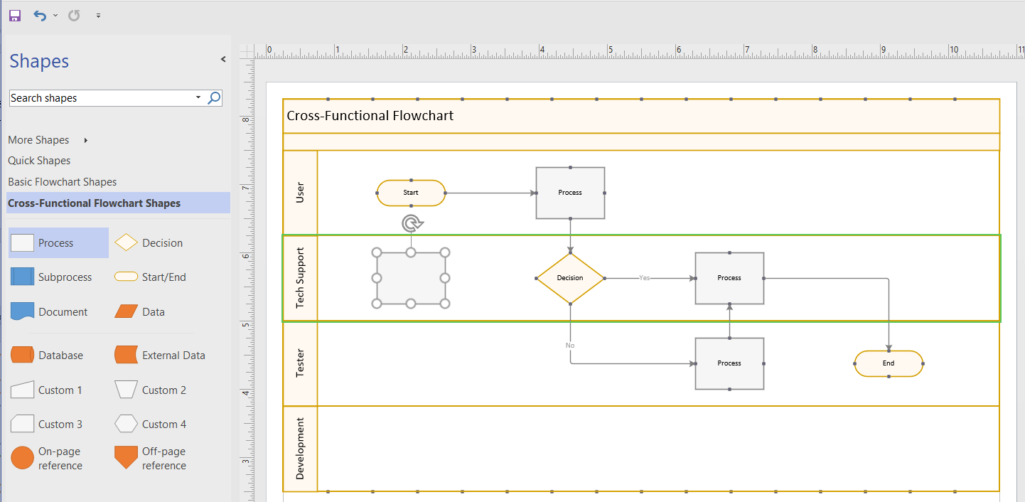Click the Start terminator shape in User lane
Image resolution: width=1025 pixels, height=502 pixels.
pyautogui.click(x=411, y=193)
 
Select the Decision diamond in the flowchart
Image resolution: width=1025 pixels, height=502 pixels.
pyautogui.click(x=570, y=278)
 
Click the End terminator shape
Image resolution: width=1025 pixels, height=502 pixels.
pyautogui.click(x=889, y=363)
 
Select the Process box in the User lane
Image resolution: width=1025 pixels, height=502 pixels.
pyautogui.click(x=570, y=193)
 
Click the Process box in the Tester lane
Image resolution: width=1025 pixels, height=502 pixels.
pyautogui.click(x=729, y=363)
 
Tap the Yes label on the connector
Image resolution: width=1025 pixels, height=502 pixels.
pyautogui.click(x=644, y=278)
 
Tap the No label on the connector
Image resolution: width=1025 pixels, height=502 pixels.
pyautogui.click(x=570, y=346)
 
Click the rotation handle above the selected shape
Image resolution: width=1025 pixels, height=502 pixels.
pyautogui.click(x=411, y=224)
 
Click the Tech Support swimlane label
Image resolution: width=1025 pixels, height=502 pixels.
pyautogui.click(x=300, y=278)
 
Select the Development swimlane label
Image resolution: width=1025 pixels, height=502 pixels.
pyautogui.click(x=300, y=449)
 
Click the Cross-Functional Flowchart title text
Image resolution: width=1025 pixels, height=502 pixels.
pyautogui.click(x=370, y=116)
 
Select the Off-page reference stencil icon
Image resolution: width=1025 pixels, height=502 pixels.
pyautogui.click(x=126, y=458)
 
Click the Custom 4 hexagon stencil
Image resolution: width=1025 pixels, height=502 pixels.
pyautogui.click(x=126, y=424)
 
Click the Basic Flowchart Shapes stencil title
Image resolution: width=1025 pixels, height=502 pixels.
pyautogui.click(x=63, y=182)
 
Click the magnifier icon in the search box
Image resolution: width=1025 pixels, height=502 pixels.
pyautogui.click(x=214, y=98)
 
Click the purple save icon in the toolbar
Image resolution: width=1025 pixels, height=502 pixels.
pyautogui.click(x=15, y=15)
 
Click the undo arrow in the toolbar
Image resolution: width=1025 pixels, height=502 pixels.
pyautogui.click(x=40, y=15)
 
